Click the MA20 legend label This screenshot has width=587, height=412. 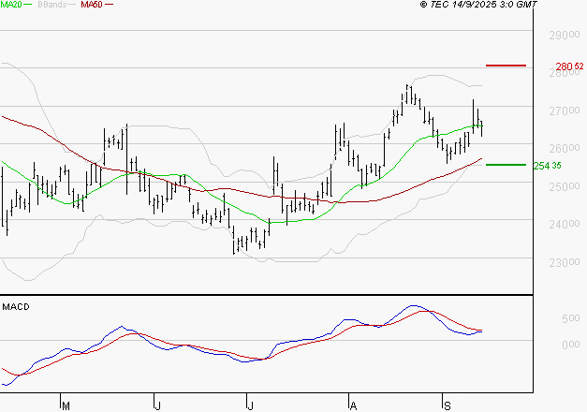tap(10, 5)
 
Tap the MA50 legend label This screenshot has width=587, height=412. tap(92, 5)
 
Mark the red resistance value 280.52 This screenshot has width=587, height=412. tap(569, 66)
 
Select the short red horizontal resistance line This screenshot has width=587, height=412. tap(506, 66)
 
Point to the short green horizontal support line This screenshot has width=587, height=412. tap(506, 165)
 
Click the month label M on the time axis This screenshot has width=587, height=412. tap(66, 405)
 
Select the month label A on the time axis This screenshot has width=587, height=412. tap(353, 405)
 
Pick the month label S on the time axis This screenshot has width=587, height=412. tap(447, 405)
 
